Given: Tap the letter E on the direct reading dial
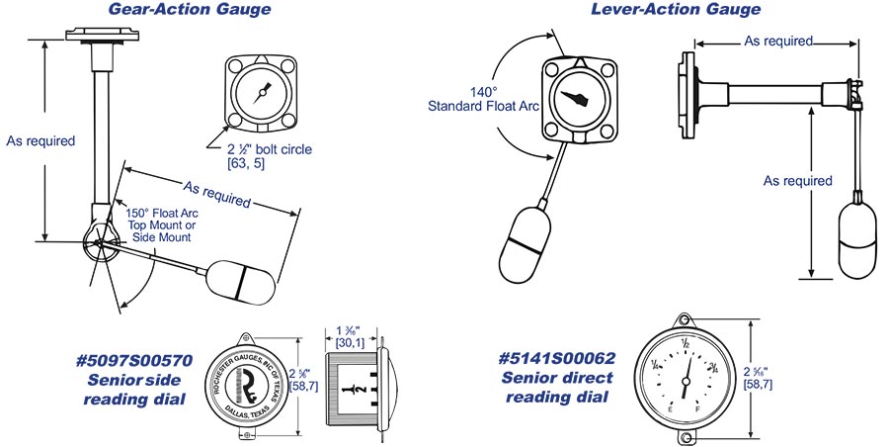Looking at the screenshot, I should pos(672,407).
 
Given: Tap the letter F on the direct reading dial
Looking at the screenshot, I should pos(699,407).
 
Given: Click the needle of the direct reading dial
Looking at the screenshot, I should pos(686,374).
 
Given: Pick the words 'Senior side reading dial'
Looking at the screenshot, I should pos(133,389).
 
